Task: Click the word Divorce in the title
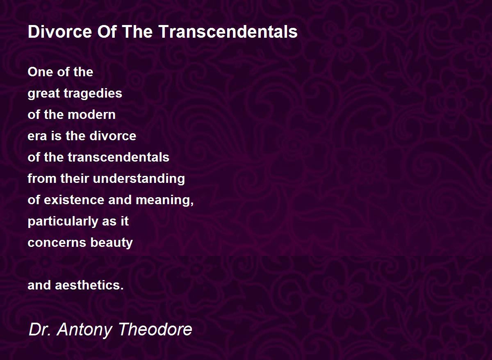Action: click(x=60, y=32)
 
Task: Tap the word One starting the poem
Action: click(x=38, y=72)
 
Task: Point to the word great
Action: click(x=44, y=94)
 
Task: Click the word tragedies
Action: click(x=93, y=94)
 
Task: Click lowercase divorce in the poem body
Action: click(x=113, y=136)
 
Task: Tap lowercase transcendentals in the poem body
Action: click(x=118, y=157)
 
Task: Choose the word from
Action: click(x=42, y=179)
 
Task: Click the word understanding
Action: click(x=139, y=179)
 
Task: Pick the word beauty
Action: click(x=112, y=243)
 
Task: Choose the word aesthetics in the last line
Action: click(x=88, y=285)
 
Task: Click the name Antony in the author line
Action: click(x=85, y=330)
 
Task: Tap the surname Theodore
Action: click(x=155, y=329)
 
